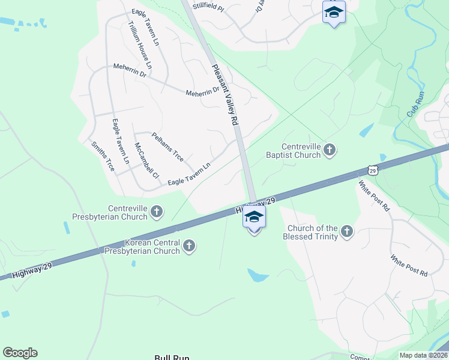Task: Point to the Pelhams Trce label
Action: click(167, 147)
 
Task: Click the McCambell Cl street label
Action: click(146, 161)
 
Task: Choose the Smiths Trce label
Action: click(103, 156)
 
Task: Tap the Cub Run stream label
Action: click(415, 104)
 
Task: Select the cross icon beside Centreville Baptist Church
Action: click(329, 150)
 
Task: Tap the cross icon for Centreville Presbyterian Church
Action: click(157, 211)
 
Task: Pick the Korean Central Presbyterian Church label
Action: click(152, 247)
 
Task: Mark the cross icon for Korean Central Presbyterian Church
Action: click(189, 245)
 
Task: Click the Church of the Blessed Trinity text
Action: click(312, 232)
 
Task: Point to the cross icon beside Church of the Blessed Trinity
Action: click(346, 231)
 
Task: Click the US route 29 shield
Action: click(373, 170)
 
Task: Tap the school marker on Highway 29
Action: click(255, 218)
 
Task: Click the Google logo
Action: click(20, 353)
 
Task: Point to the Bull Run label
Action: click(172, 357)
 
